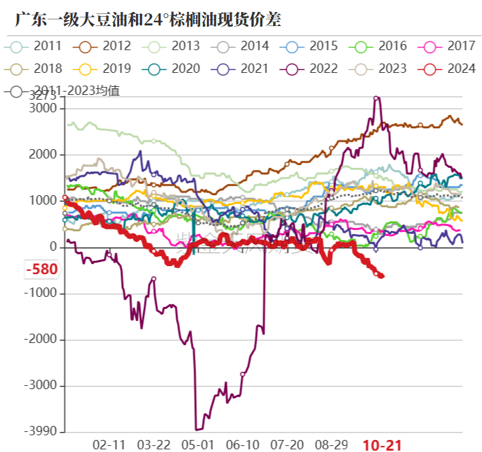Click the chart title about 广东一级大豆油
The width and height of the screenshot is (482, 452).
pos(148,19)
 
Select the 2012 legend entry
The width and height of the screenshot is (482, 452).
pos(103,46)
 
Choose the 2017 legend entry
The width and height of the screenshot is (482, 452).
pos(448,46)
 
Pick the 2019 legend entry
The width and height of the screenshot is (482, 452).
pos(103,69)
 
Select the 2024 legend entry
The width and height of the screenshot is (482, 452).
pos(448,69)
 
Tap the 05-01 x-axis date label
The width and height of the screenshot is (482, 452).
pos(198,444)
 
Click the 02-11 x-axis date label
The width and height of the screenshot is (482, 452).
pos(108,444)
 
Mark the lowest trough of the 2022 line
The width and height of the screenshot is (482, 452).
pos(196,430)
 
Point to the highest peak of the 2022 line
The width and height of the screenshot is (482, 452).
pos(376,98)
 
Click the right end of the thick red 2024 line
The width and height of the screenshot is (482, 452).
pos(382,275)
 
